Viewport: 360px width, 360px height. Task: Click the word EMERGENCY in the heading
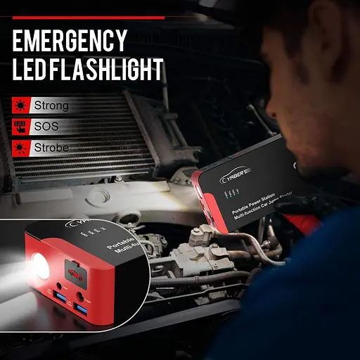coord(70,41)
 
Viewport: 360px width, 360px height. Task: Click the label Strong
coord(51,105)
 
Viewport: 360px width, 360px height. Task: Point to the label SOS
coord(46,127)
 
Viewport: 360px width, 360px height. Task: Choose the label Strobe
coord(51,148)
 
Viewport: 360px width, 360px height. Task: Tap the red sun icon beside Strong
coord(20,105)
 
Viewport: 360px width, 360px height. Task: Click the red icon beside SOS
coord(20,127)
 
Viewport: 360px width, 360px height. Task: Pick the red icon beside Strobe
coord(20,148)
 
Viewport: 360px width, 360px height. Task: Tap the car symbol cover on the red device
coord(70,271)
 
